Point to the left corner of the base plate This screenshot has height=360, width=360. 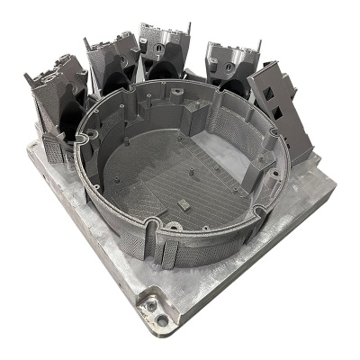coord(32,148)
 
